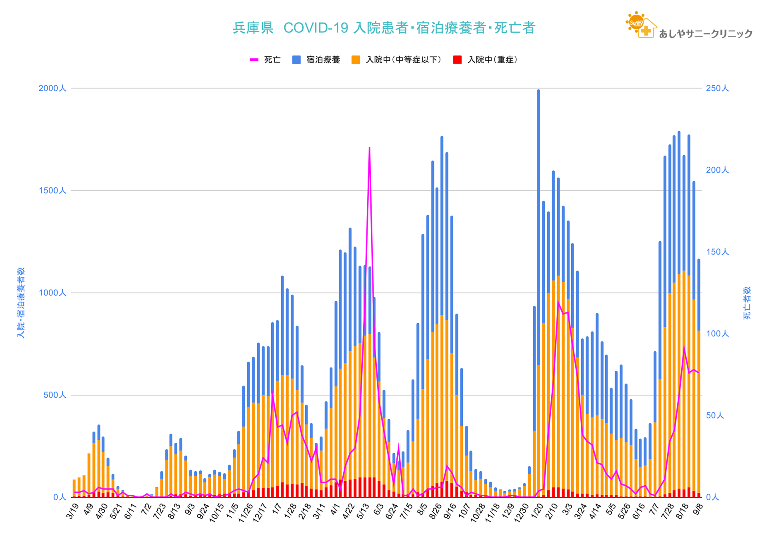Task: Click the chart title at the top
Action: [x=384, y=28]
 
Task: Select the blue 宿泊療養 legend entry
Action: [x=317, y=60]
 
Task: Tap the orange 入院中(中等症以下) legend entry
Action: [x=397, y=60]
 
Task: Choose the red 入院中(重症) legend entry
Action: [x=486, y=60]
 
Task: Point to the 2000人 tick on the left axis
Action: [x=52, y=88]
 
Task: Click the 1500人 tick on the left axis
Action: [x=52, y=191]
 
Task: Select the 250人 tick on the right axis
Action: [x=717, y=88]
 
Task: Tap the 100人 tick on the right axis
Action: [x=717, y=334]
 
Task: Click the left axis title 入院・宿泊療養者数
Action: [x=21, y=303]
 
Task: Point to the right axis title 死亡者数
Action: [x=747, y=303]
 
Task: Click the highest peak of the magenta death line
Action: [x=369, y=148]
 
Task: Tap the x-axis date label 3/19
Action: [x=72, y=511]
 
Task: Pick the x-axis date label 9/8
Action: [x=698, y=509]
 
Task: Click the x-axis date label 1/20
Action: [x=537, y=511]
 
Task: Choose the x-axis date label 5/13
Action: [x=363, y=511]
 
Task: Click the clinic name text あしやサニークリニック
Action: [x=706, y=34]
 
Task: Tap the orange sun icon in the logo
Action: [x=635, y=22]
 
